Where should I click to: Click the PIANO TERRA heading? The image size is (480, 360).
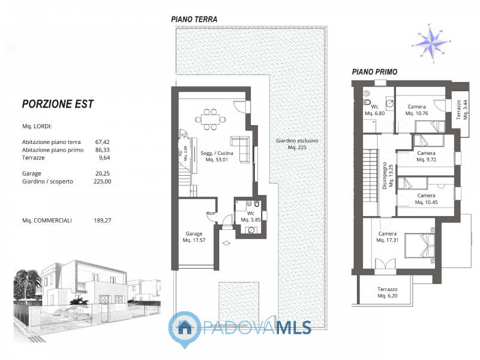pyautogui.click(x=194, y=19)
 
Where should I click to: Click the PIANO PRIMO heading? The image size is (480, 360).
pyautogui.click(x=374, y=72)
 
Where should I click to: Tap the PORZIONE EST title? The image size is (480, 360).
pyautogui.click(x=58, y=104)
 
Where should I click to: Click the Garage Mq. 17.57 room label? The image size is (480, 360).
pyautogui.click(x=193, y=237)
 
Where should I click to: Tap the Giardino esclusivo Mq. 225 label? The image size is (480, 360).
pyautogui.click(x=296, y=144)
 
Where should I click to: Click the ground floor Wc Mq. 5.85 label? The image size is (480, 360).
pyautogui.click(x=250, y=217)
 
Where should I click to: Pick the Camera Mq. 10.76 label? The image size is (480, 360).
pyautogui.click(x=416, y=110)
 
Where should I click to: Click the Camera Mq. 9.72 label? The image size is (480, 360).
pyautogui.click(x=426, y=157)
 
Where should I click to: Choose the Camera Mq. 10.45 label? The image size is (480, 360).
pyautogui.click(x=426, y=199)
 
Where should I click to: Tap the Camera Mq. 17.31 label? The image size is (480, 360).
pyautogui.click(x=388, y=237)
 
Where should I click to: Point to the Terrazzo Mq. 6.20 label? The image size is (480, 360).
pyautogui.click(x=388, y=293)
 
